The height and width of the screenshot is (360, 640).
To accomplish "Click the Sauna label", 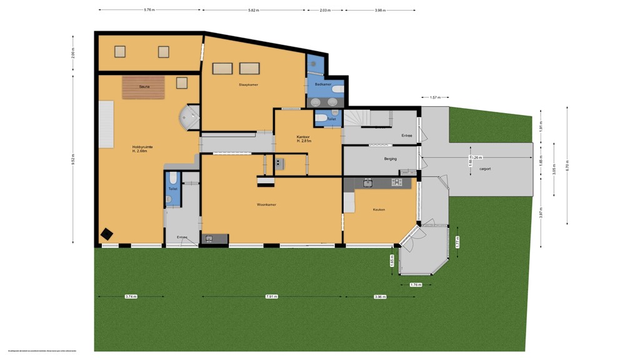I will click(144, 87).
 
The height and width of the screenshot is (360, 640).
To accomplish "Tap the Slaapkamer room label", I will click(248, 84).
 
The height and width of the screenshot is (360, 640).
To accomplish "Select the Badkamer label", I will click(322, 84).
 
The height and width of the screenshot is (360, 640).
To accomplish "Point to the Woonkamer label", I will click(267, 204).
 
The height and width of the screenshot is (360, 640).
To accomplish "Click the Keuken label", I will click(379, 209).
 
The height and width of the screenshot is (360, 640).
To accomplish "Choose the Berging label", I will click(391, 159).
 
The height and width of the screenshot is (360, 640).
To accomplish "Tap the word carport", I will click(486, 169).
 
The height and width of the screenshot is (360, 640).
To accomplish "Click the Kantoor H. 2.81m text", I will click(304, 138).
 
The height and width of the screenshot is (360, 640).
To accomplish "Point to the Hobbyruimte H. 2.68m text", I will click(142, 149).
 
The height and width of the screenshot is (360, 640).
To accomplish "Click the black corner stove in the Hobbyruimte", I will click(107, 234).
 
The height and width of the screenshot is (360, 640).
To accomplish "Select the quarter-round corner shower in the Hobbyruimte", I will click(188, 117).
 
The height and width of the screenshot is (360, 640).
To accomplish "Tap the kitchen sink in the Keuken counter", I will click(368, 182).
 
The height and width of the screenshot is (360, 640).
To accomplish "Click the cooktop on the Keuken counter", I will click(396, 182).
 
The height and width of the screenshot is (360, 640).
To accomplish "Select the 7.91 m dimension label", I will click(271, 296).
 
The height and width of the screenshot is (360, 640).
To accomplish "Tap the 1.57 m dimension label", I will click(435, 97).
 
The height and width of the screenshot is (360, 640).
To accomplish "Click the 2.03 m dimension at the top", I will click(325, 10).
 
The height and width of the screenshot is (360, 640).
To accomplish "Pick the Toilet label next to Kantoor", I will click(331, 119).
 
